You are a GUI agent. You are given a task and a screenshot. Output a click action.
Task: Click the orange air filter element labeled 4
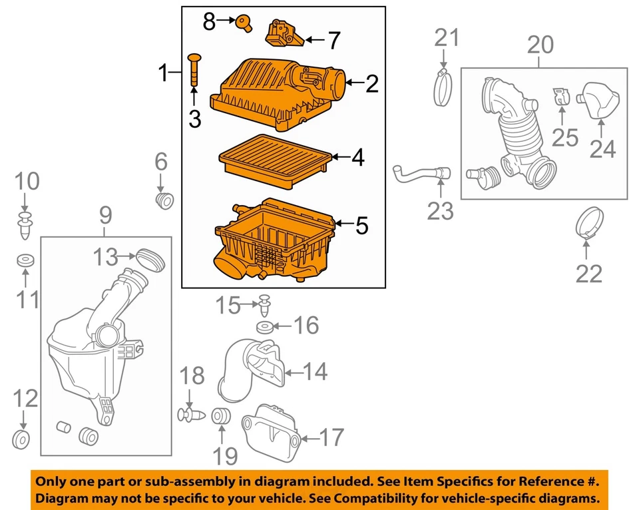pos(275,159)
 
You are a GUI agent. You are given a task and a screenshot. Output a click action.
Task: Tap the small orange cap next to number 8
pos(245,23)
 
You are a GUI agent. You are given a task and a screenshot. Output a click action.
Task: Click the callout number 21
pos(447,38)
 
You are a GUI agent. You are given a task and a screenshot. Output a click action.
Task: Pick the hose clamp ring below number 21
pos(445,87)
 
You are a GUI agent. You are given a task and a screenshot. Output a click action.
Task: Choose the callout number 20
pos(540,45)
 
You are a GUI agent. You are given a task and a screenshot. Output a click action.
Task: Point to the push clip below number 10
pos(26,224)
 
